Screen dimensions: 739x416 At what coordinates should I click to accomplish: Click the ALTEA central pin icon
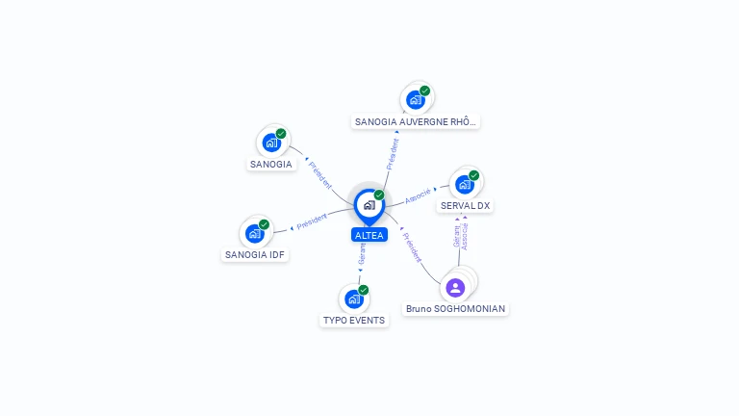[x=369, y=206]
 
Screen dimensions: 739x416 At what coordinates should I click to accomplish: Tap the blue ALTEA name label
[x=369, y=235]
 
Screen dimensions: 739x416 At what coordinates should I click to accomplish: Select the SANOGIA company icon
[x=271, y=143]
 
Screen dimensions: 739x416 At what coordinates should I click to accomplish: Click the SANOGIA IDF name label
[x=254, y=254]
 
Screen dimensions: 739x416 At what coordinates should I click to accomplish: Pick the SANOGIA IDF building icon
[x=254, y=233]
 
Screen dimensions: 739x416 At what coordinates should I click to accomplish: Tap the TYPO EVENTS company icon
[x=354, y=299]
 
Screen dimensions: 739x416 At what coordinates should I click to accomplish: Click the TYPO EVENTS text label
[x=354, y=321]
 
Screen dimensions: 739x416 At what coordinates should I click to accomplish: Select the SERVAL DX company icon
[x=465, y=185]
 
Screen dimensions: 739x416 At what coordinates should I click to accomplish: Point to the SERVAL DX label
[x=465, y=206]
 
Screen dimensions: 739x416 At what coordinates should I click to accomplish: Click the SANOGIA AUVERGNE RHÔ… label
[x=416, y=121]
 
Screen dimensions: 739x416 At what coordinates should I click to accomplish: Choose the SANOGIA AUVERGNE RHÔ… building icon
[x=416, y=100]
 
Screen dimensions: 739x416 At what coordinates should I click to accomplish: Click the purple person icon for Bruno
[x=455, y=288]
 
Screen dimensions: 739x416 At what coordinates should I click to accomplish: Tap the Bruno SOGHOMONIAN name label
[x=455, y=309]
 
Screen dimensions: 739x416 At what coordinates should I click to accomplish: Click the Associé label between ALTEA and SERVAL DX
[x=418, y=196]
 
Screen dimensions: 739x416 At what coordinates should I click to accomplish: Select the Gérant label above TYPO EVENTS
[x=362, y=254]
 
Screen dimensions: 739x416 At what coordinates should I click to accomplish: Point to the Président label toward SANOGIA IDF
[x=312, y=221]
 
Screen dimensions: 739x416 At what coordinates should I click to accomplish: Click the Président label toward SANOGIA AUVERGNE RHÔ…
[x=393, y=154]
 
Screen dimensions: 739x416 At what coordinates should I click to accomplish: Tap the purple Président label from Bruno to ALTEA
[x=412, y=247]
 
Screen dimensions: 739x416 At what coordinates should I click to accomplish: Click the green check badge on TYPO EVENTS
[x=364, y=290]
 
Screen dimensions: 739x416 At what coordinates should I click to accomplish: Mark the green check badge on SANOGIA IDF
[x=264, y=224]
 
